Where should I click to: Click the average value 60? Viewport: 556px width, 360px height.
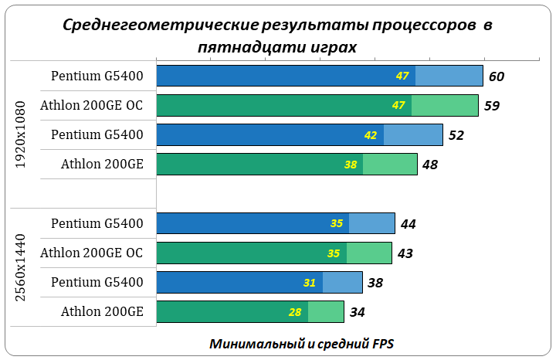coord(497,76)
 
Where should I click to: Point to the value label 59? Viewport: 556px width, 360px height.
coord(491,105)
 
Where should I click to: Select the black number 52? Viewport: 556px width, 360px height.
coord(456,134)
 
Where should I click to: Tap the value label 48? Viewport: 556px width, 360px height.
coord(430,165)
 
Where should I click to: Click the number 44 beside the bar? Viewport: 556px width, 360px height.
coord(409,223)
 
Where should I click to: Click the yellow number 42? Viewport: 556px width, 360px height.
coord(371,135)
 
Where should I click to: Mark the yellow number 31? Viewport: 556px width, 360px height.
coord(310,283)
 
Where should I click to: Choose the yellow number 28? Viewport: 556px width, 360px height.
coord(295,312)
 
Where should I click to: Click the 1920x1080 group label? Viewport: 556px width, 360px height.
coord(22,134)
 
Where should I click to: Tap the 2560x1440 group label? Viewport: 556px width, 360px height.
coord(22,267)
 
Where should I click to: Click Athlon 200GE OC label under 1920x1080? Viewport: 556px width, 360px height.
coord(91,105)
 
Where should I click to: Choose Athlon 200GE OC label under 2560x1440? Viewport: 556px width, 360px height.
coord(91,253)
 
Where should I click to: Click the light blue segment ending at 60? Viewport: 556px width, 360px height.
coord(449,76)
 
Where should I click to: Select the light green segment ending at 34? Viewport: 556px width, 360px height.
coord(325,312)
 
